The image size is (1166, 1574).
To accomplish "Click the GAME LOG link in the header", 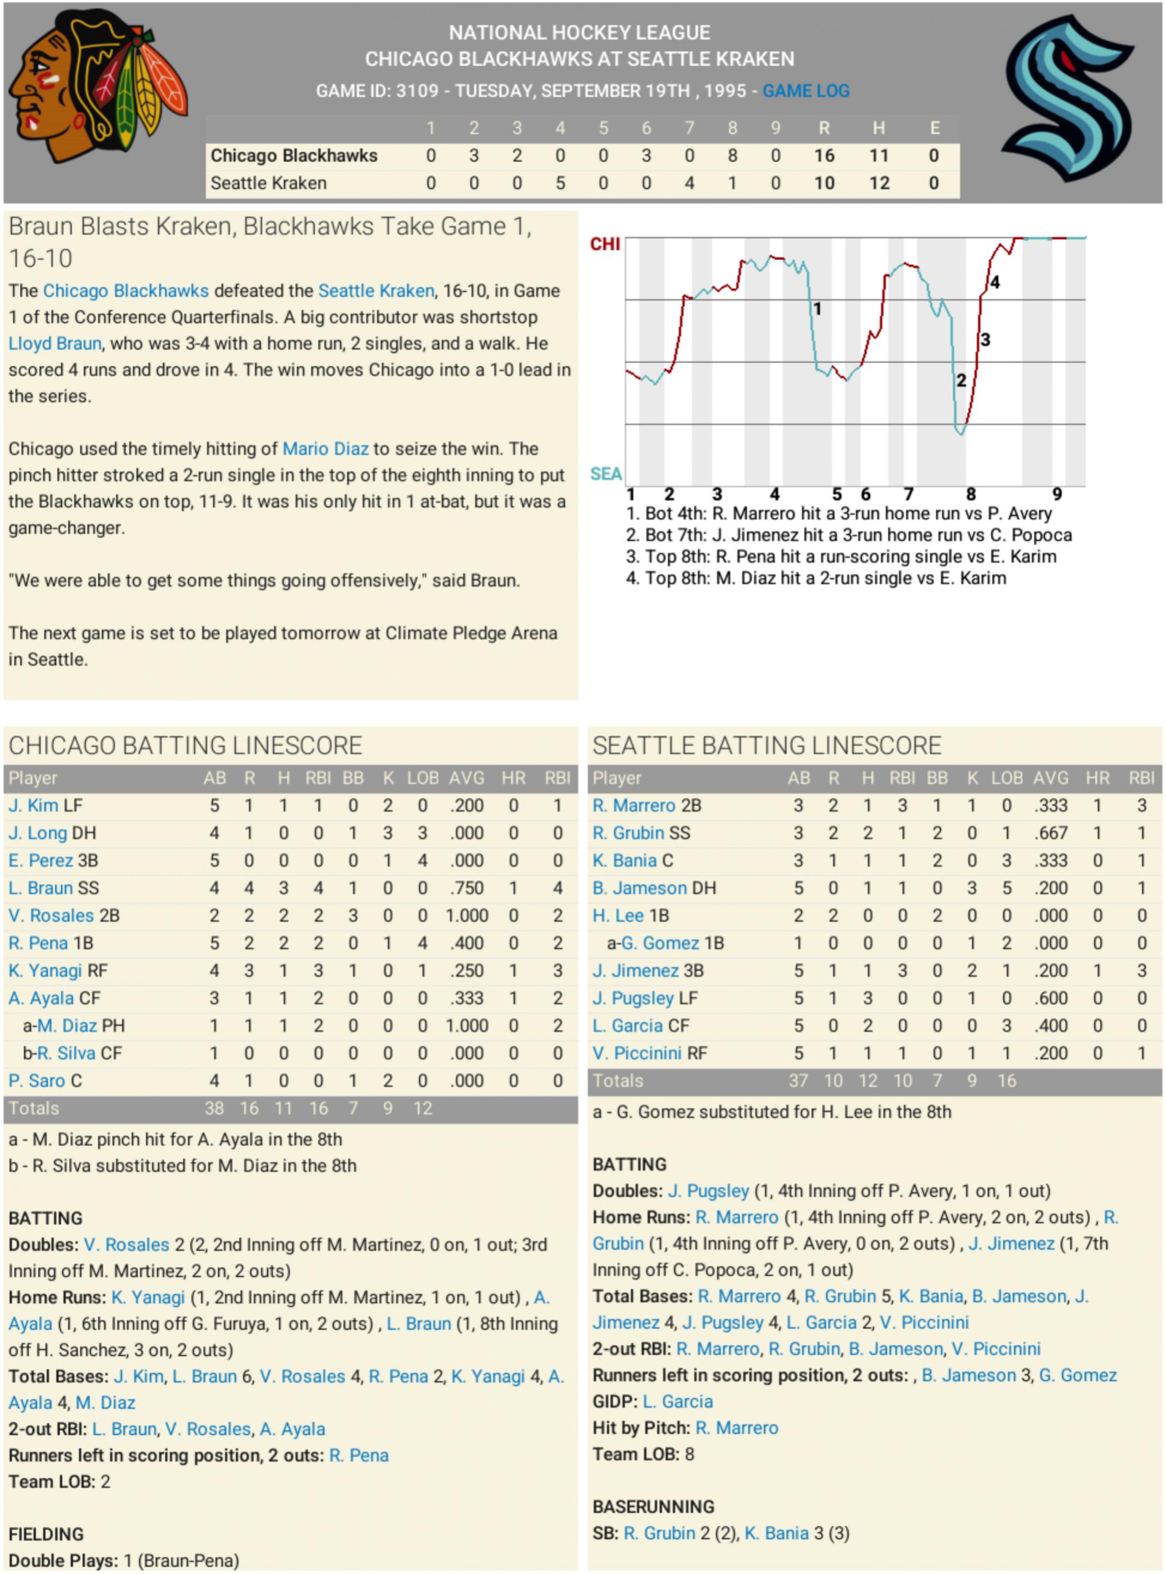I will coord(805,91).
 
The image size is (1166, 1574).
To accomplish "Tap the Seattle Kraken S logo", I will coord(1068,99).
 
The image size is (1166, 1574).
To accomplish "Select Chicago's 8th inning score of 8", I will coord(732,156).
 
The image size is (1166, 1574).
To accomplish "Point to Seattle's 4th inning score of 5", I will coord(560,183).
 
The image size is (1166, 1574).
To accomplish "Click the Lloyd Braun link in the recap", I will coord(55,344).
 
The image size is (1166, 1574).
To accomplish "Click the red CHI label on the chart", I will coord(605,244).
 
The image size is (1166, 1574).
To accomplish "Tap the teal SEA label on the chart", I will coord(605,474).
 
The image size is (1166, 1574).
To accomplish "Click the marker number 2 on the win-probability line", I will coord(961,381).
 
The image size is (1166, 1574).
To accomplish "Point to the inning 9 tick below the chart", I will coord(1056,494).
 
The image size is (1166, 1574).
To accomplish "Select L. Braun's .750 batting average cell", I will coord(467,888).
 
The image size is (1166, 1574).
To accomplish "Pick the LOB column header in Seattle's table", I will coord(1007,778).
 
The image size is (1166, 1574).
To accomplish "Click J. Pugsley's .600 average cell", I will coord(1051,998).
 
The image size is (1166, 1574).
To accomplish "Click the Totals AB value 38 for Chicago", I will coord(214,1108).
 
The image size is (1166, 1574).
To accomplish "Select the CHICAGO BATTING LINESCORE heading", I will coord(185,746).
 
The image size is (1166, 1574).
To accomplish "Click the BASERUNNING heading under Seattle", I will coord(653,1507).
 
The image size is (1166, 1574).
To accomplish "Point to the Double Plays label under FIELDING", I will coord(63,1561).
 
